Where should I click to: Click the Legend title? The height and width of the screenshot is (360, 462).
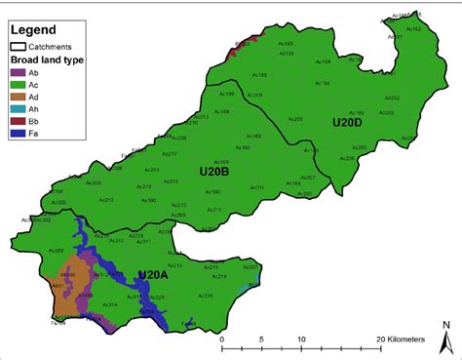[36, 29]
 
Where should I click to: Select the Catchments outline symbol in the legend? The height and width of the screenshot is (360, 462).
[19, 46]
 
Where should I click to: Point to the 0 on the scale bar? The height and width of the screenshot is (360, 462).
[222, 340]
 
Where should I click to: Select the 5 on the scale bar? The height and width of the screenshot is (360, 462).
[262, 340]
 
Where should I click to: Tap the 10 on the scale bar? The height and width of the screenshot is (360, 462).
[302, 340]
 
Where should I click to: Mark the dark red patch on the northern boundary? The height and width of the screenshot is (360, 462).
[241, 45]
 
